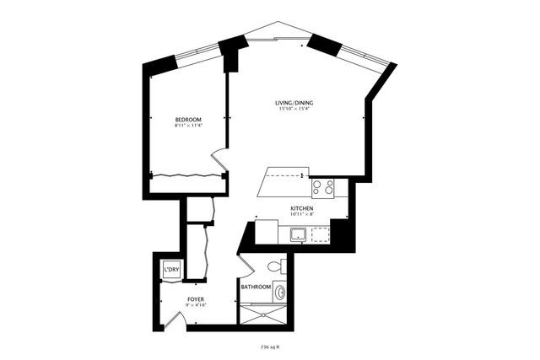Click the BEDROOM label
pos(187,120)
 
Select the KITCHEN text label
pos(302,208)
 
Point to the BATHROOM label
pos(256,287)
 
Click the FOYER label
pos(195,299)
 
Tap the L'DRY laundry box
pos(171,270)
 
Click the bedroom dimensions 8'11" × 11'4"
pos(187,127)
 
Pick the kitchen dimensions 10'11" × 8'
pos(302,215)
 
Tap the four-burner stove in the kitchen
pos(322,187)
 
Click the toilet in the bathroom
pos(273,267)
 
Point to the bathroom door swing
pos(246,269)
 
